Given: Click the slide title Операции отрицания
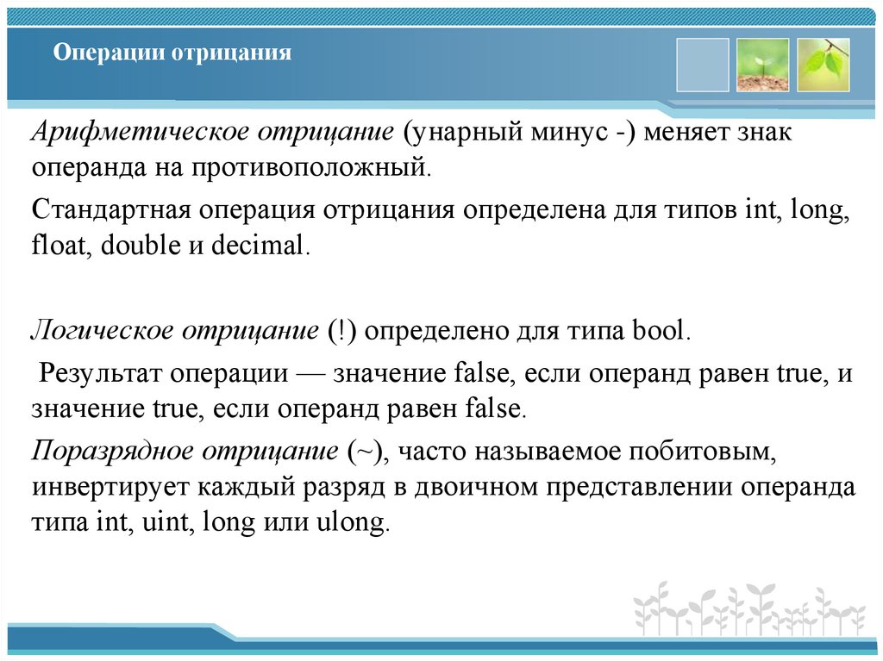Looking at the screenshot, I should [x=172, y=53].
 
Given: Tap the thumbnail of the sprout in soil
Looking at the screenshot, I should [x=763, y=65].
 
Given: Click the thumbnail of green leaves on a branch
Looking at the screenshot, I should [x=824, y=65].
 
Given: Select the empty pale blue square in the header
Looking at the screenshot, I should [x=703, y=65].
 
